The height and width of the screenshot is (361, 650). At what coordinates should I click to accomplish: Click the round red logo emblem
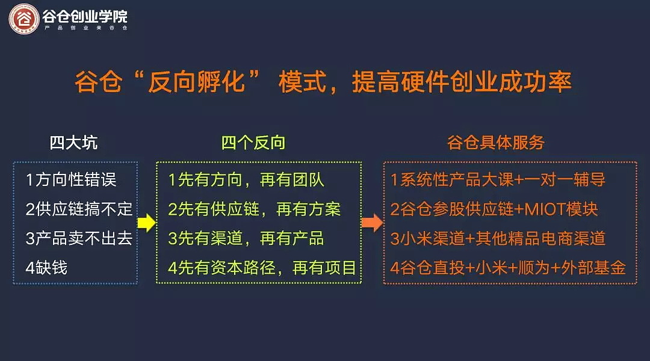point(24,19)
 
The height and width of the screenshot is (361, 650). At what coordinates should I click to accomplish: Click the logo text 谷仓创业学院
point(85,16)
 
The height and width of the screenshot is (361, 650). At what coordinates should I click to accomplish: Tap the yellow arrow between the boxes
point(146,223)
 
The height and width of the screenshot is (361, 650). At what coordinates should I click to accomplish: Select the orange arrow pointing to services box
point(373,223)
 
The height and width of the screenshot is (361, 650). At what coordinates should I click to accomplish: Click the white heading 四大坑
point(74,143)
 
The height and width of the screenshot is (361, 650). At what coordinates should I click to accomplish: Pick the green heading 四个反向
point(253,143)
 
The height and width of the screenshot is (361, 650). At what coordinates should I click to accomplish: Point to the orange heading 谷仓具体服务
point(496,143)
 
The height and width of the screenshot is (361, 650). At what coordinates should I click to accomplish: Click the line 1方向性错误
point(71,180)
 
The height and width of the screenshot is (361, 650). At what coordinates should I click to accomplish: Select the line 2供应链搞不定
point(79,209)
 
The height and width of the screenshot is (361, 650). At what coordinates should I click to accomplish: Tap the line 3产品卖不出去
point(79,238)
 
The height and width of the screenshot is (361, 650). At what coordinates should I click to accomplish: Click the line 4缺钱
point(46,268)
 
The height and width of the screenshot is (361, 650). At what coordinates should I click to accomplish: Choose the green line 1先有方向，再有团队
point(246,180)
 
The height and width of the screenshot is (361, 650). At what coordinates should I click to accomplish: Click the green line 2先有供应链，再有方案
point(254,209)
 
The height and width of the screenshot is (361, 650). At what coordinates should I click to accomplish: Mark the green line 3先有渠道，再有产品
point(246,238)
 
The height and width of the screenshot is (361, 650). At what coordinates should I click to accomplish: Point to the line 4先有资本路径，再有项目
point(262,268)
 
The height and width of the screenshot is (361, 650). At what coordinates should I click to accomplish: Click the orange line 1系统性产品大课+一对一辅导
point(498,180)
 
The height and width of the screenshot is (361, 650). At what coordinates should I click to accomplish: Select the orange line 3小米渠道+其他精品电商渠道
point(498,238)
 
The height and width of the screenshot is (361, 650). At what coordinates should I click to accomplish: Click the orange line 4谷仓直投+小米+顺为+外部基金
point(508,268)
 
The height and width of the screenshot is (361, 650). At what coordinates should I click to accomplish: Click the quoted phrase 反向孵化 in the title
point(196,82)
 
